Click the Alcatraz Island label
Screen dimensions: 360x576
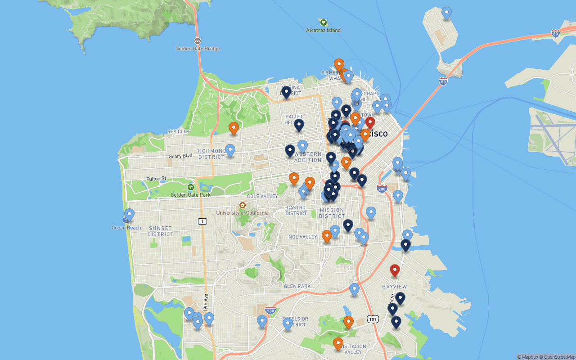coord(323,30)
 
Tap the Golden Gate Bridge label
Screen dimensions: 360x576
coord(198,48)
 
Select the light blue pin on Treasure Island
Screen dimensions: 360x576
coord(446,13)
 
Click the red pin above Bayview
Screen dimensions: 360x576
coord(395,270)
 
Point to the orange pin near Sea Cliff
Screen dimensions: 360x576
coord(234,128)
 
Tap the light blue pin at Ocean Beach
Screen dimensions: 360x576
coord(130,215)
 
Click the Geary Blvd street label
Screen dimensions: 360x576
coord(180,156)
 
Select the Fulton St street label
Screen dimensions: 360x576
coord(156,179)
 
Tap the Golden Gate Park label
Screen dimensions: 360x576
coord(190,195)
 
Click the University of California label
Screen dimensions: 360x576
coord(242,213)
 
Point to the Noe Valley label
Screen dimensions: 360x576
coord(302,237)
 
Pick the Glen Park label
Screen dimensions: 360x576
coord(297,286)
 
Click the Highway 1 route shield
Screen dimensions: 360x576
coord(202,221)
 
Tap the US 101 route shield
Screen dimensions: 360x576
coord(373,319)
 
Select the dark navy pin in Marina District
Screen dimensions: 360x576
coord(286,92)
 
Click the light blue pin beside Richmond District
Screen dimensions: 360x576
coord(230,150)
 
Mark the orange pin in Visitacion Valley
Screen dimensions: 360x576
coord(338,344)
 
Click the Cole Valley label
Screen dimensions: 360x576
coord(262,196)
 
